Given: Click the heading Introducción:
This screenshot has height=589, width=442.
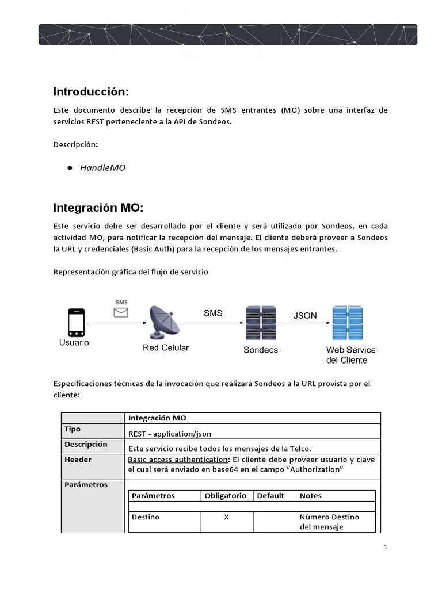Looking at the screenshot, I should pyautogui.click(x=91, y=91).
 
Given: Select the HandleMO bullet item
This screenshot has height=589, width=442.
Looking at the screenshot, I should pyautogui.click(x=102, y=168).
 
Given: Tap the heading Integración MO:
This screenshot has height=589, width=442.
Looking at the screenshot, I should pyautogui.click(x=97, y=207).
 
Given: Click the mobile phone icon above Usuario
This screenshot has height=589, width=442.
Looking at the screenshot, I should pyautogui.click(x=76, y=323).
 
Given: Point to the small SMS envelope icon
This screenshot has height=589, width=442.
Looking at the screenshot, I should pyautogui.click(x=121, y=312).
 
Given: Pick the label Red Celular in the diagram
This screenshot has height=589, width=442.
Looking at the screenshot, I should pyautogui.click(x=166, y=347).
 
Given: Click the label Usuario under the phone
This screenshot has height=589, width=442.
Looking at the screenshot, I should pyautogui.click(x=74, y=343).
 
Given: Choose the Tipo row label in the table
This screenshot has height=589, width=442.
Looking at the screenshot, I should pyautogui.click(x=73, y=429).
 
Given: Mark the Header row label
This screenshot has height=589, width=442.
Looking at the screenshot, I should pyautogui.click(x=78, y=460).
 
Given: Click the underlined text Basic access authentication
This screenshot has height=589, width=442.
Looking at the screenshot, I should pyautogui.click(x=177, y=460).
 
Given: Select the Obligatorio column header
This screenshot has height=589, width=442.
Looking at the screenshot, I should pyautogui.click(x=226, y=495).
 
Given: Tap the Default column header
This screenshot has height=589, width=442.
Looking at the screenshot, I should pyautogui.click(x=270, y=495).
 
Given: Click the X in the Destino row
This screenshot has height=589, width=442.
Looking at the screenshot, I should pyautogui.click(x=226, y=517).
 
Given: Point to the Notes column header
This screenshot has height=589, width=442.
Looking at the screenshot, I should pyautogui.click(x=311, y=495).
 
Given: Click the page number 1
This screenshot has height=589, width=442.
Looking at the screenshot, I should pyautogui.click(x=386, y=547).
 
